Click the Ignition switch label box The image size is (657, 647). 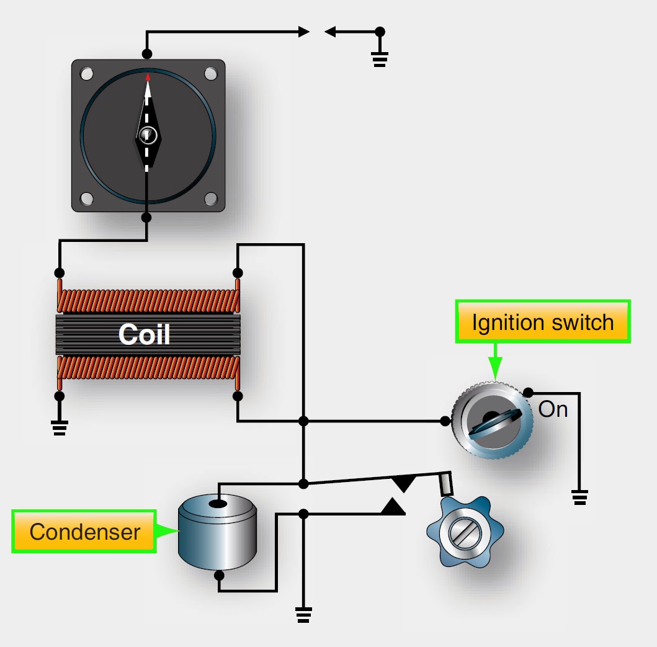click(x=543, y=322)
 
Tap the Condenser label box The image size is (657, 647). click(x=84, y=532)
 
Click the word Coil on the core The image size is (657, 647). click(x=144, y=334)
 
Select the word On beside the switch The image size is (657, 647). click(x=553, y=409)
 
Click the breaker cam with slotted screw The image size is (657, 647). click(x=465, y=532)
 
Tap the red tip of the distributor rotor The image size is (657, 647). click(x=148, y=78)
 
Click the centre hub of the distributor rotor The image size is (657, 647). click(x=148, y=135)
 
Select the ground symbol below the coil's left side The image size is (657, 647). click(x=60, y=427)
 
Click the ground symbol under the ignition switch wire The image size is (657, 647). click(x=579, y=497)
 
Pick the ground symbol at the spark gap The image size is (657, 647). click(x=380, y=60)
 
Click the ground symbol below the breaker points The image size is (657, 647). click(x=303, y=614)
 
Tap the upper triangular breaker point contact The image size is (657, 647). click(x=404, y=483)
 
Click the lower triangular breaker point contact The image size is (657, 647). click(x=393, y=506)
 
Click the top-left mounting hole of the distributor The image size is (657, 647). click(x=86, y=74)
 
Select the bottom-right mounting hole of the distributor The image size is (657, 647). click(x=210, y=199)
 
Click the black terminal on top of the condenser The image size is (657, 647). click(x=217, y=503)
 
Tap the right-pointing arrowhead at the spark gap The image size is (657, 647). click(x=303, y=31)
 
